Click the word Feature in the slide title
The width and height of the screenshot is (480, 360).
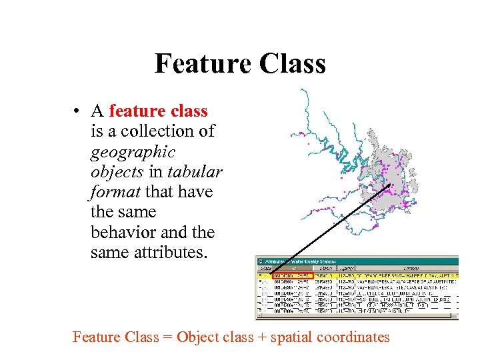[x=199, y=64]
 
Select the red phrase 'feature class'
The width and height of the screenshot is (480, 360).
[x=158, y=111]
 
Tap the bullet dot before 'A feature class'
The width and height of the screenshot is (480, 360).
[x=78, y=111]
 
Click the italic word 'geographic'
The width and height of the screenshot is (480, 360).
[x=133, y=151]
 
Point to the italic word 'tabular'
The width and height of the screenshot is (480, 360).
[x=195, y=171]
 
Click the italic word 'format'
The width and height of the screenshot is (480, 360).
[x=114, y=192]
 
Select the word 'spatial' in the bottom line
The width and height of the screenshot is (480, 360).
[x=291, y=337]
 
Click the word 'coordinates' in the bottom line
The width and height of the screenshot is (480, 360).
[x=353, y=337]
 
